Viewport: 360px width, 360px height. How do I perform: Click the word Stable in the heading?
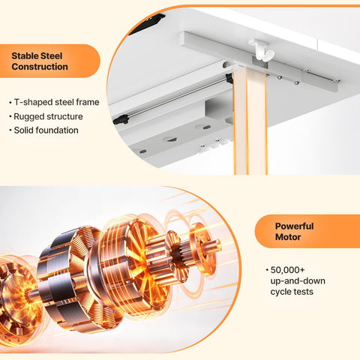[x=25, y=55]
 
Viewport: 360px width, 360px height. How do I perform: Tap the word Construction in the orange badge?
[x=40, y=67]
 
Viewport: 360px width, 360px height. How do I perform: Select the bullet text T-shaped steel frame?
[x=56, y=102]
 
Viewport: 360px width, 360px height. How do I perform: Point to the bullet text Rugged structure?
[x=48, y=116]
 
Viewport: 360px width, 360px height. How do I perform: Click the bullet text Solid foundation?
[x=46, y=130]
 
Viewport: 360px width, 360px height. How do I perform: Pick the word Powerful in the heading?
[x=294, y=226]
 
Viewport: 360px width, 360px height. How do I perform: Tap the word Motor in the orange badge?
[x=288, y=237]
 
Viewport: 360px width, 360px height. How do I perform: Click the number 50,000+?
[x=287, y=270]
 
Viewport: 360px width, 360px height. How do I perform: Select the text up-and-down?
[x=298, y=281]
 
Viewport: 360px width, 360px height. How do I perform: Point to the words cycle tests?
[x=292, y=292]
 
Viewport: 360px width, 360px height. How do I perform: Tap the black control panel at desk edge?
[x=147, y=24]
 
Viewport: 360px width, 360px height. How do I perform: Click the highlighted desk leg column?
[x=250, y=121]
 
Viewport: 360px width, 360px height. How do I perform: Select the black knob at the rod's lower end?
[x=121, y=120]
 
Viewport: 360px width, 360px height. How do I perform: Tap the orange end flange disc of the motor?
[x=201, y=249]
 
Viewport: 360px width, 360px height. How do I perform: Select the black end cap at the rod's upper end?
[x=229, y=78]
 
